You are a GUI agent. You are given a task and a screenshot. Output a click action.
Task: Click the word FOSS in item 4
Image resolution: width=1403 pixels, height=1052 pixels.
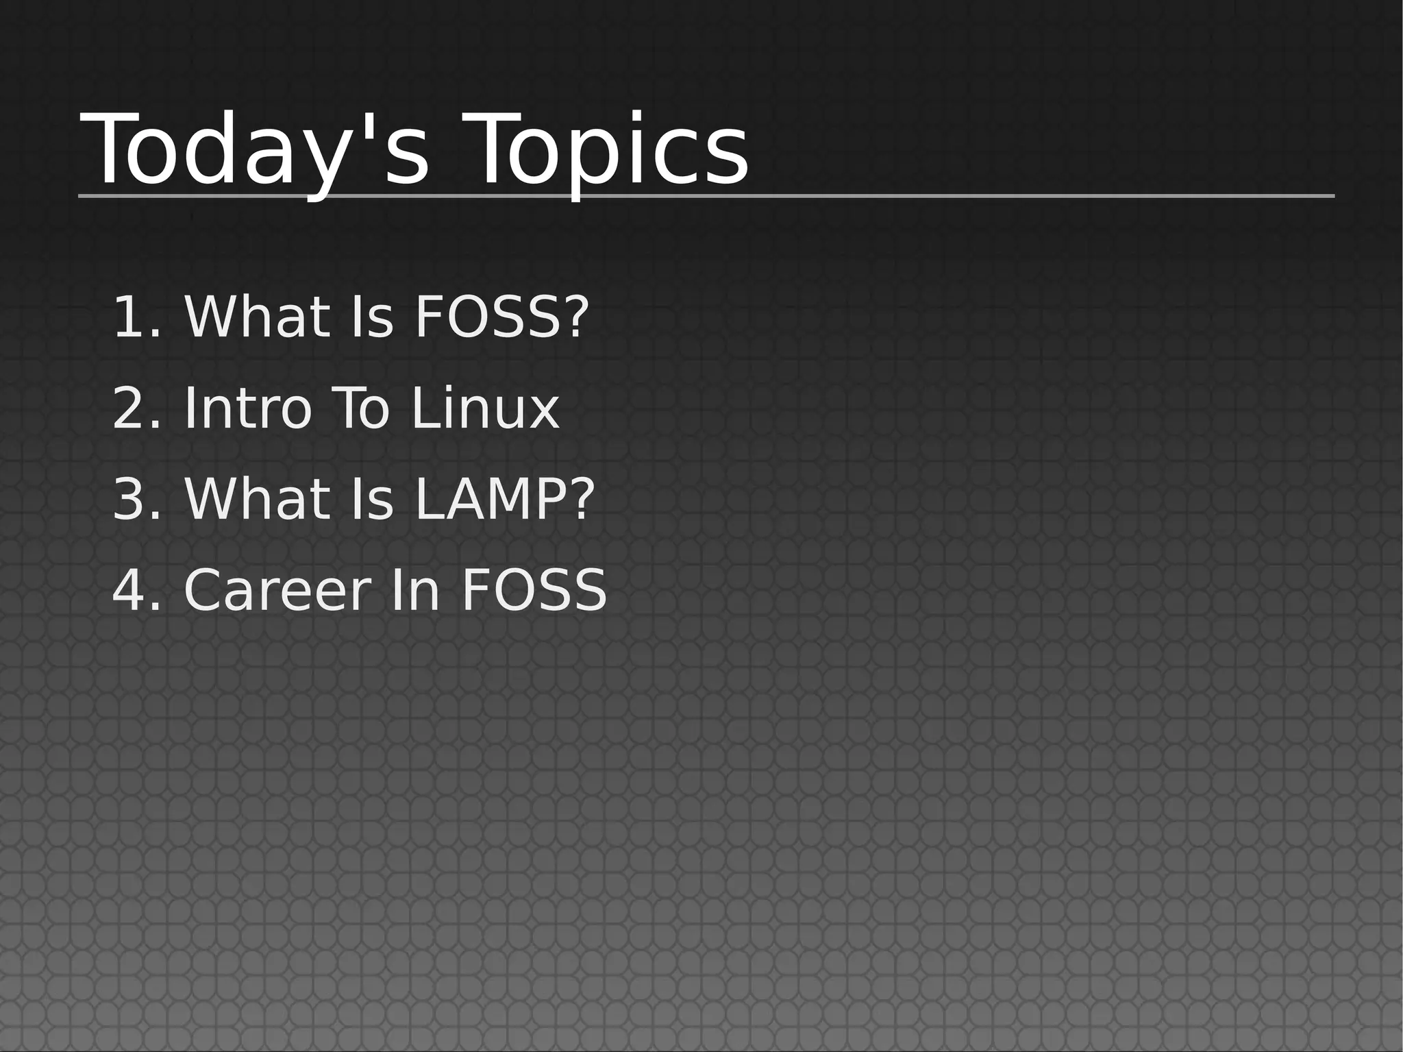(x=534, y=591)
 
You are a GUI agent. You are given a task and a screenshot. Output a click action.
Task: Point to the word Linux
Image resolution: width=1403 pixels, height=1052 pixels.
(x=485, y=408)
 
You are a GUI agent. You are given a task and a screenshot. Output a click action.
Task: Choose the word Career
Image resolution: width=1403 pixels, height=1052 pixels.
(x=277, y=591)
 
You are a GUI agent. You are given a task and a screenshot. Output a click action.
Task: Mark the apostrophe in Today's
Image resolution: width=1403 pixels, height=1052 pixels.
(x=356, y=127)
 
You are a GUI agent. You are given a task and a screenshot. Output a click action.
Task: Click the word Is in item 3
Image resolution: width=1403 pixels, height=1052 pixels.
(x=372, y=500)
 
